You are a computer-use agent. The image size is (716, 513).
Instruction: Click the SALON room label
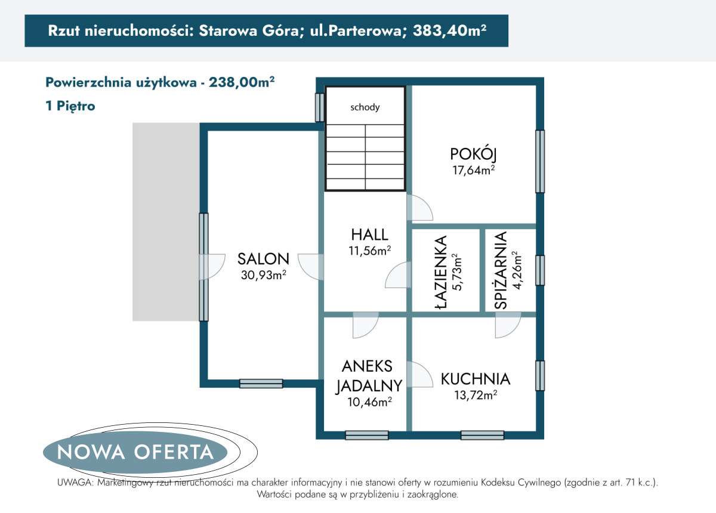click(x=263, y=259)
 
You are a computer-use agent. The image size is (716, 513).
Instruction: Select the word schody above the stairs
click(x=365, y=107)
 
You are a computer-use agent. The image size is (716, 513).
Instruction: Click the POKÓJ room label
click(x=474, y=154)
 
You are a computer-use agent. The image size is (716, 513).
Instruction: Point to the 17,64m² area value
click(x=474, y=170)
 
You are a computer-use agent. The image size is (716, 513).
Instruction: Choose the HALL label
click(x=369, y=234)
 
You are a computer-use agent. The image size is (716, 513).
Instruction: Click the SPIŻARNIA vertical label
click(x=501, y=270)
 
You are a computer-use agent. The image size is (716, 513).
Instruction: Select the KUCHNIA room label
click(x=476, y=379)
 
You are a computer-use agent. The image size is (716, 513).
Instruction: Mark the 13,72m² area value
click(x=476, y=395)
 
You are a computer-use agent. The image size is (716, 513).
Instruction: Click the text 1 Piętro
click(x=70, y=106)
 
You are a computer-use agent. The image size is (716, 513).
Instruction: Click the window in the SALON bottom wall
click(x=261, y=384)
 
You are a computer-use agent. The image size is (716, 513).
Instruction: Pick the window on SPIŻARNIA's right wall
click(x=539, y=270)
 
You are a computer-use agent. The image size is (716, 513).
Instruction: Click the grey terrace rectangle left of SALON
click(x=165, y=221)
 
